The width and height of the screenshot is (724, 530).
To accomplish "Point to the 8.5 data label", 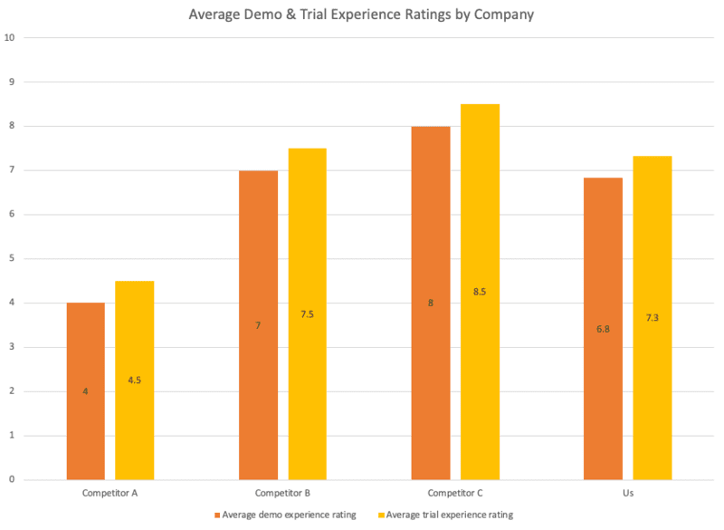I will click(480, 292).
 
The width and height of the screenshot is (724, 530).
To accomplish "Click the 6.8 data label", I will click(603, 329).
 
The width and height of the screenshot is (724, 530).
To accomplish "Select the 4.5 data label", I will click(134, 381).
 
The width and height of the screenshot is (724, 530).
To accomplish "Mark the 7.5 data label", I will click(307, 314).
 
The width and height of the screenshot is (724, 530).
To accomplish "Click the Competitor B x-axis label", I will click(282, 494).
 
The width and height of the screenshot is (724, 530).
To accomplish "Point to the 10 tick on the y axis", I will click(10, 38).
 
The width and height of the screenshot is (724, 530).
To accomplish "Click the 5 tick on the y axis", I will click(11, 259).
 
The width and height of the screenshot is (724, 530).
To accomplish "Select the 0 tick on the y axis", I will click(11, 480).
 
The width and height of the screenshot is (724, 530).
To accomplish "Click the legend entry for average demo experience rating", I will click(285, 515).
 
